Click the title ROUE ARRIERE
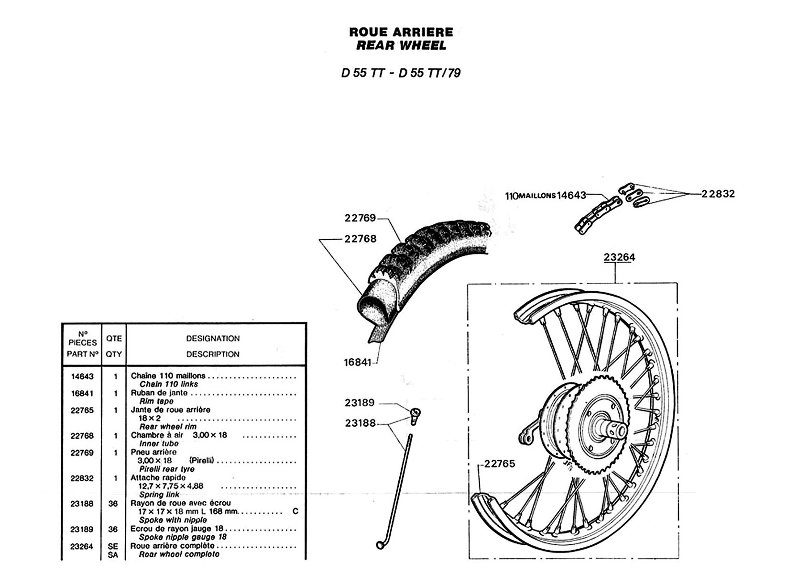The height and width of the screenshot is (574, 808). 401,32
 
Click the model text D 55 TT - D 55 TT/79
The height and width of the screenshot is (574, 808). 401,73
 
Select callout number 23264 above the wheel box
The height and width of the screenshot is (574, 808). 619,257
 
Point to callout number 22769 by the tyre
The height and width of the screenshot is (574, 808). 360,218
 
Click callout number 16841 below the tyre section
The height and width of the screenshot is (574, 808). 357,363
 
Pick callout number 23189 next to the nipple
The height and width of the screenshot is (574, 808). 360,403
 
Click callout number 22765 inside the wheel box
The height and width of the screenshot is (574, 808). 499,464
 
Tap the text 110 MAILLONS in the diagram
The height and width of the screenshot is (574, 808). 530,196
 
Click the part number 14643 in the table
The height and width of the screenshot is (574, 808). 82,376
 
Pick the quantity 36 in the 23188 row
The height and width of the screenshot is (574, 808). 113,504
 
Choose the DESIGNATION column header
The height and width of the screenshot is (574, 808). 213,339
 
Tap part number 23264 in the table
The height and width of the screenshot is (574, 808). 82,546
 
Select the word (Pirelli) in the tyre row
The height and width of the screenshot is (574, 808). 202,461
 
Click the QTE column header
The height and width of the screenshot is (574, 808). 114,339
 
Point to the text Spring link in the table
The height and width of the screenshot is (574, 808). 159,495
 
